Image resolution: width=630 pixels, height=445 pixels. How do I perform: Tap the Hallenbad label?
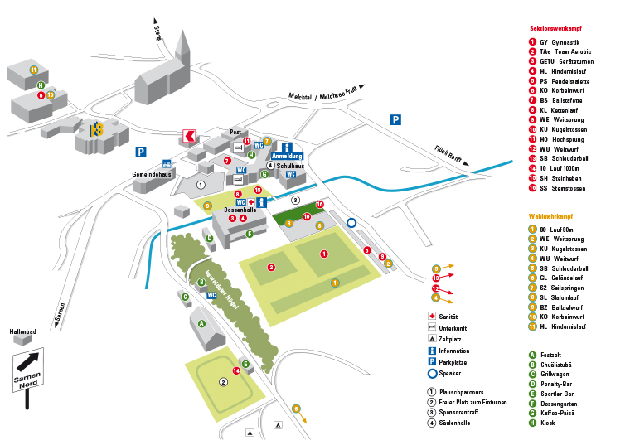coord(22,331)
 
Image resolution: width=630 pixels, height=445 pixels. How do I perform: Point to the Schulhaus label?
coord(291,166)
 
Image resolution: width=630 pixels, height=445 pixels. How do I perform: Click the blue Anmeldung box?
coord(287,156)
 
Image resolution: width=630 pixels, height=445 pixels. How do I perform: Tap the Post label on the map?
coord(235,132)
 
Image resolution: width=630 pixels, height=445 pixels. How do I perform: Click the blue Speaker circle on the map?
coord(351,222)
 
